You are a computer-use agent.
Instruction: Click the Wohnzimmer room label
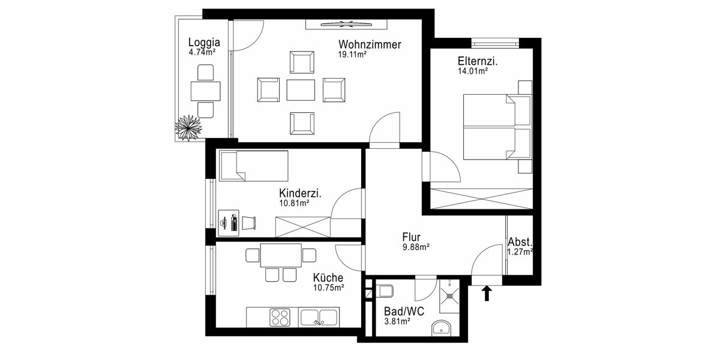tap(370, 45)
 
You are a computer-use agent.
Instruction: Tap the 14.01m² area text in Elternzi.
tap(472, 71)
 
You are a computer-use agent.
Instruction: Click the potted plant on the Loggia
tap(187, 128)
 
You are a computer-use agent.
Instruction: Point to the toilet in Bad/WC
tap(385, 291)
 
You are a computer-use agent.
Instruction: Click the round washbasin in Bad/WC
tap(442, 328)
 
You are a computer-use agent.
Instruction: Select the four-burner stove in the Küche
tap(280, 316)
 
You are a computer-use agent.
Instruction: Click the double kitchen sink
tap(319, 316)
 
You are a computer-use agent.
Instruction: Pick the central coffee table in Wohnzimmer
tap(301, 90)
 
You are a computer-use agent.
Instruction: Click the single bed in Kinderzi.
tap(254, 165)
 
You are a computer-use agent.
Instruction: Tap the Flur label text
tap(411, 237)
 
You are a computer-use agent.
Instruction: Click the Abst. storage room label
tap(520, 242)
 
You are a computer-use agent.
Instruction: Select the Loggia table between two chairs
tap(206, 91)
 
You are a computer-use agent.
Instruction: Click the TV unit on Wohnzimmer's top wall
tap(346, 24)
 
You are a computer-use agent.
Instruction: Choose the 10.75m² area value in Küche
tap(328, 288)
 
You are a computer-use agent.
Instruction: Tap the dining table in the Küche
tap(281, 255)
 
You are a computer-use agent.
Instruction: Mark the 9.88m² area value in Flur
tap(415, 247)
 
